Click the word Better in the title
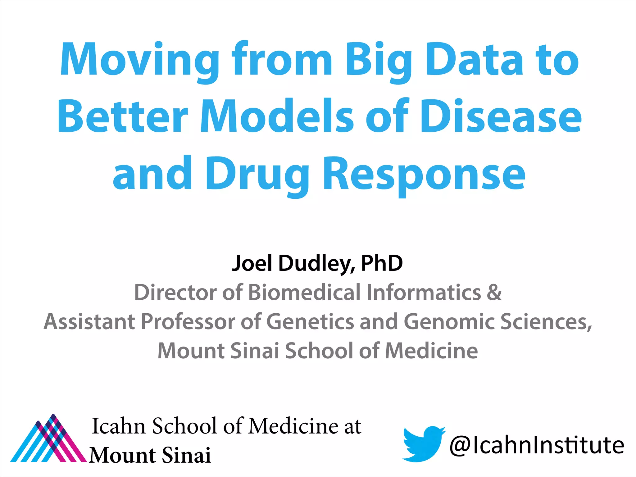pos(123,116)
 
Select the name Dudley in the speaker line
pos(317,263)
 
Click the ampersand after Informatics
pos(494,292)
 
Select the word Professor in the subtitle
pos(188,321)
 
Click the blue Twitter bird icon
pos(423,443)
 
